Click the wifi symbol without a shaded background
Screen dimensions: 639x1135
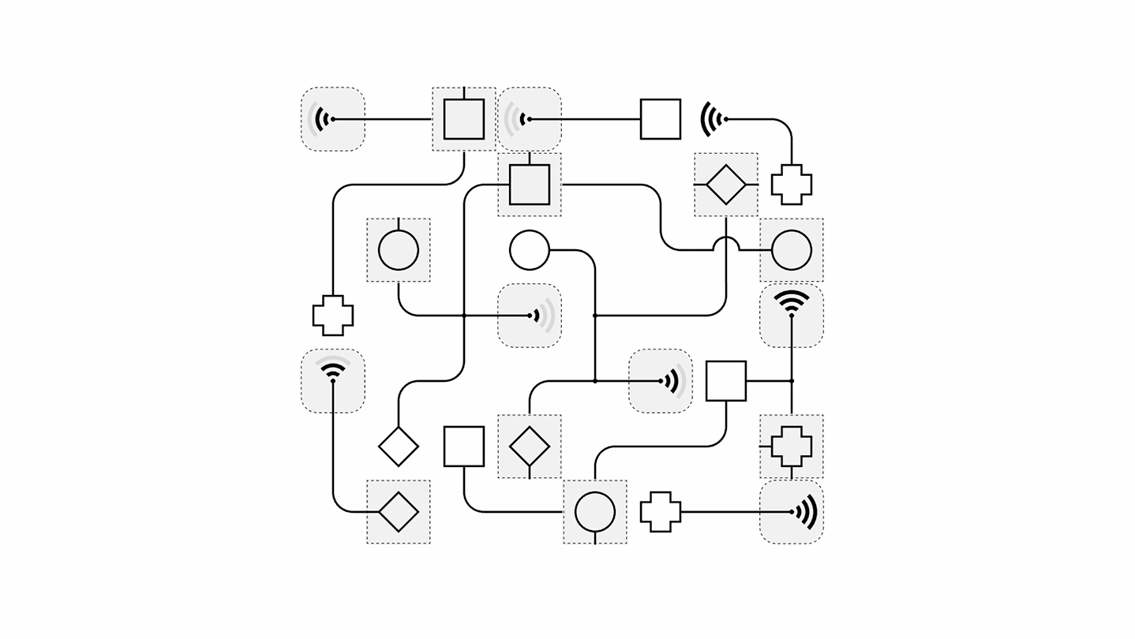point(713,119)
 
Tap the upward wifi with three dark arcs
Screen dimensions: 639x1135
point(791,304)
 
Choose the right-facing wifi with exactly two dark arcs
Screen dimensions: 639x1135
point(672,381)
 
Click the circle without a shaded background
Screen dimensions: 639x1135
point(529,250)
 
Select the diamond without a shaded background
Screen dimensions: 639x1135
point(398,447)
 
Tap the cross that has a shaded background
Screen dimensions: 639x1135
point(791,447)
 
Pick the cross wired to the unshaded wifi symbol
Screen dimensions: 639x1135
point(791,185)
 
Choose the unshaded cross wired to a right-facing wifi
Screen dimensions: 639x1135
point(660,512)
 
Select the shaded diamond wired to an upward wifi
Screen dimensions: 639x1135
point(398,512)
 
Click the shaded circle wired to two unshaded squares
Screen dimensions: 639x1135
point(594,512)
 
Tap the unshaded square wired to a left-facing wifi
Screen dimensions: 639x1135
point(660,119)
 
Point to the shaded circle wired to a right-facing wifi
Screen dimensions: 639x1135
point(398,250)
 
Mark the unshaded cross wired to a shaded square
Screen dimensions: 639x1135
point(332,316)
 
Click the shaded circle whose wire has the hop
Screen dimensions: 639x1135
point(791,250)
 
